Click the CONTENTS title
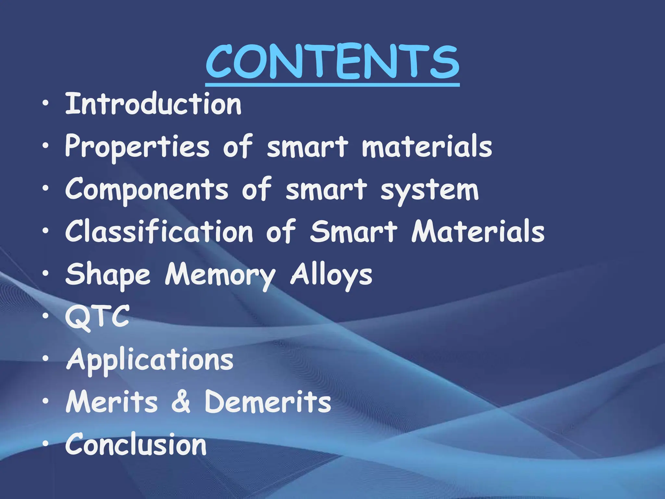(332, 62)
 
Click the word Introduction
(153, 104)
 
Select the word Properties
(137, 147)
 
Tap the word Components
(147, 190)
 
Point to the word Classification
(159, 231)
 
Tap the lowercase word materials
(427, 147)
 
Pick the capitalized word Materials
(478, 231)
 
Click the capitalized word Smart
(353, 231)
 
